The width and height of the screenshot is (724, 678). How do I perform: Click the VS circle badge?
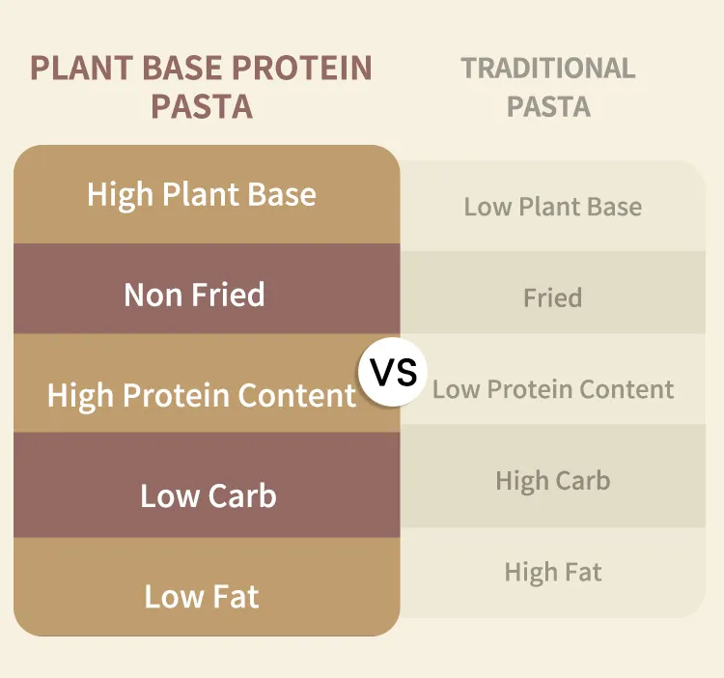pyautogui.click(x=393, y=372)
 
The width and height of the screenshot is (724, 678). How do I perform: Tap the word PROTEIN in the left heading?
pyautogui.click(x=302, y=69)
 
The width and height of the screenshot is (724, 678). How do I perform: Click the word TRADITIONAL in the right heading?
pyautogui.click(x=548, y=69)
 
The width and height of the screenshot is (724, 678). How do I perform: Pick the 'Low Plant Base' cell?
pyautogui.click(x=553, y=207)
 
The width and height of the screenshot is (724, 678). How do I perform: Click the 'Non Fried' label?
pyautogui.click(x=194, y=295)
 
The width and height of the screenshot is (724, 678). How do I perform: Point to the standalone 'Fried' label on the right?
pyautogui.click(x=553, y=297)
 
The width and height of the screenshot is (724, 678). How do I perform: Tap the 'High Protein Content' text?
pyautogui.click(x=202, y=395)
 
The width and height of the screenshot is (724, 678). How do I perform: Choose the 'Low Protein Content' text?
pyautogui.click(x=553, y=389)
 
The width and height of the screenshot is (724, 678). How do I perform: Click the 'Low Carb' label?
pyautogui.click(x=209, y=496)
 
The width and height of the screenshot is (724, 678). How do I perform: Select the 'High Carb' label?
pyautogui.click(x=553, y=480)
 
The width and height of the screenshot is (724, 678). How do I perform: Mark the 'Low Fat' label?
pyautogui.click(x=202, y=596)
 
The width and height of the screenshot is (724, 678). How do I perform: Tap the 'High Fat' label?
pyautogui.click(x=553, y=572)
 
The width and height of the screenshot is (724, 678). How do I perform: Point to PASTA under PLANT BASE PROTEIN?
pyautogui.click(x=202, y=107)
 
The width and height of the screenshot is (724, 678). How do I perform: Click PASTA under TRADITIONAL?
pyautogui.click(x=548, y=107)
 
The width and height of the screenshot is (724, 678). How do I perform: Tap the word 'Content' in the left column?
pyautogui.click(x=297, y=395)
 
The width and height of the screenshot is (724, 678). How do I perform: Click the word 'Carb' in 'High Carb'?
pyautogui.click(x=583, y=480)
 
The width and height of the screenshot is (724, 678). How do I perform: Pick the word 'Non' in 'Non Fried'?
pyautogui.click(x=153, y=295)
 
